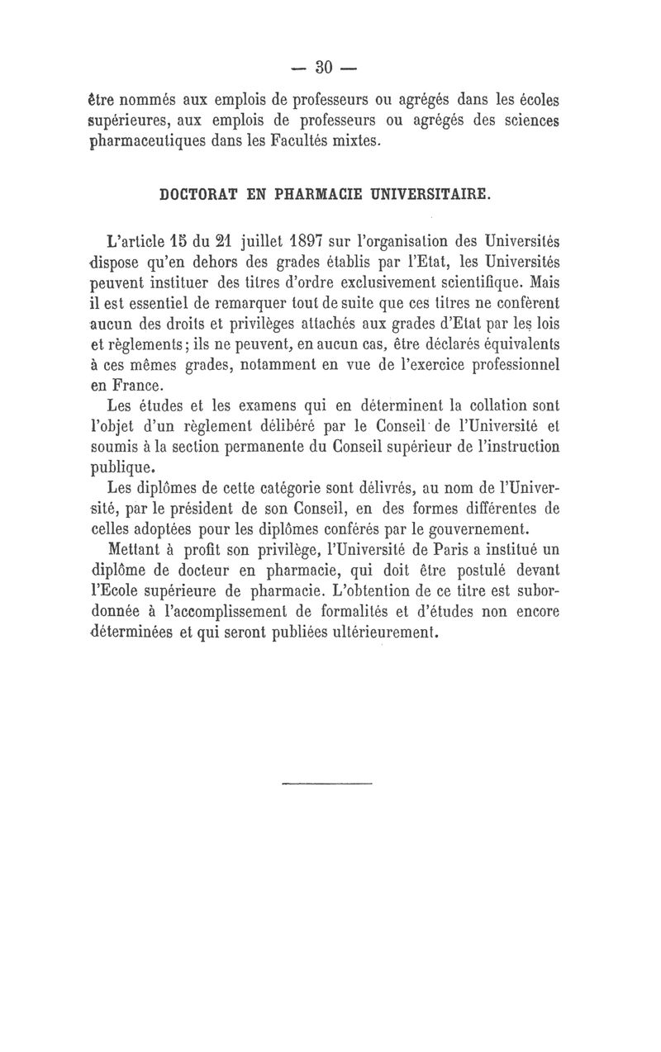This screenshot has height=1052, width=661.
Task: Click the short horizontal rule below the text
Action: tap(327, 780)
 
